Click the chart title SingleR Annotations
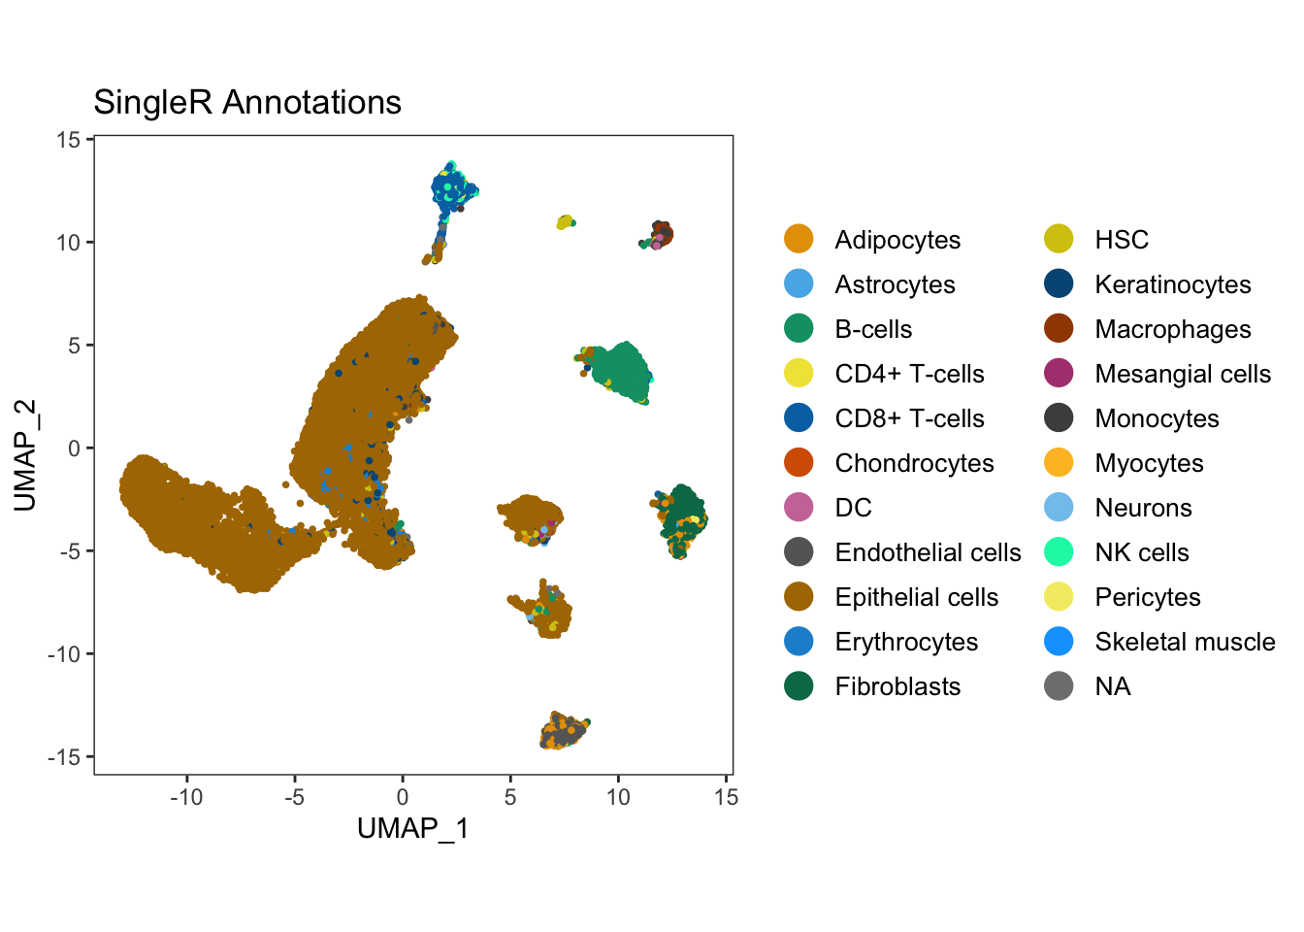[247, 102]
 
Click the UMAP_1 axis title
[412, 828]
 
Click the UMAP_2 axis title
[25, 454]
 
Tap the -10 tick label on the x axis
[186, 798]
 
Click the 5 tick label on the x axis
[510, 798]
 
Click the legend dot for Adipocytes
[799, 239]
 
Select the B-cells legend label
[873, 329]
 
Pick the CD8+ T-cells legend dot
[799, 417]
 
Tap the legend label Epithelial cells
[916, 597]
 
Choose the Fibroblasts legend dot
[799, 686]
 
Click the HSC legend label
[1122, 240]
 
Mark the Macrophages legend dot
[1059, 329]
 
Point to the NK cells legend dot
[1059, 552]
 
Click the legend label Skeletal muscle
[1185, 642]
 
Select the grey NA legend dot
[1059, 686]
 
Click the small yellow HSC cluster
[565, 222]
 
